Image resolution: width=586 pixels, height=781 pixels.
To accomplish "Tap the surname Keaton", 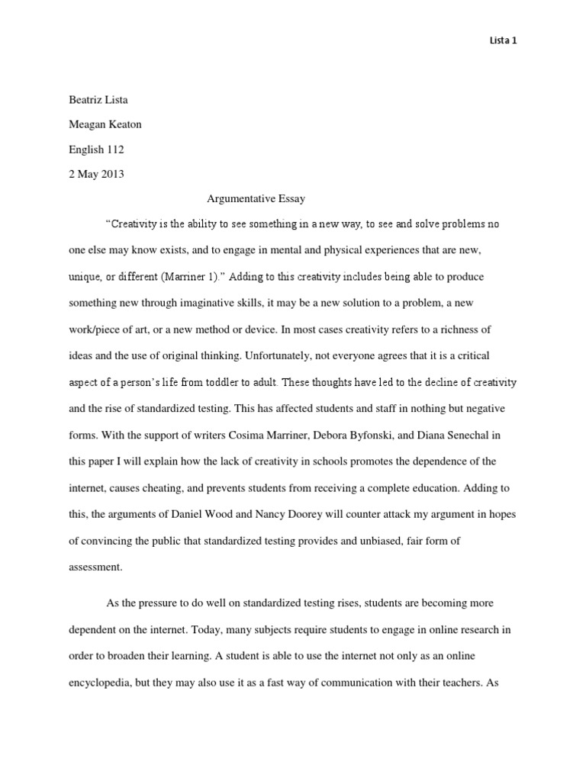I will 124,125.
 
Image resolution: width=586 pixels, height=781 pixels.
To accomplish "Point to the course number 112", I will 114,149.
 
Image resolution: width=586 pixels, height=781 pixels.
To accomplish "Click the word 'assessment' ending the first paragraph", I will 95,567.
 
